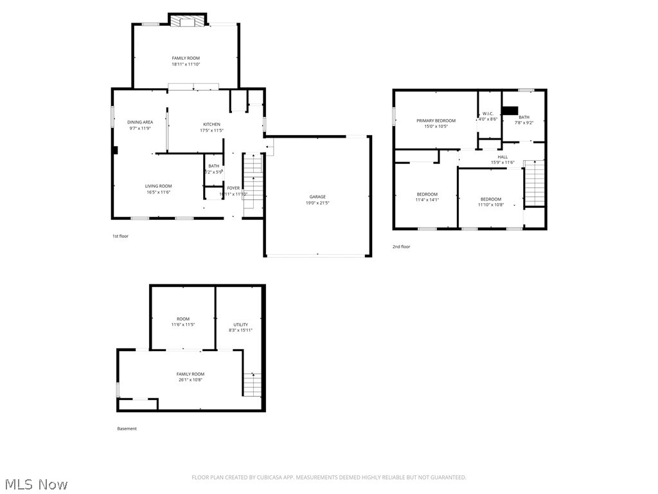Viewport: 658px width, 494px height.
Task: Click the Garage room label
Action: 317,197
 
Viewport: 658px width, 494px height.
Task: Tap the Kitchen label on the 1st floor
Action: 211,124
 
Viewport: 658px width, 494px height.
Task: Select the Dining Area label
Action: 139,122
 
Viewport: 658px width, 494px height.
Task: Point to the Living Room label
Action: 158,186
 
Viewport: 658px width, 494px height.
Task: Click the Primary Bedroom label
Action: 436,121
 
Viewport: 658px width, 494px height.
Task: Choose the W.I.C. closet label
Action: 488,114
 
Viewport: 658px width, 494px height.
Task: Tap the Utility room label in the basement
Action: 240,324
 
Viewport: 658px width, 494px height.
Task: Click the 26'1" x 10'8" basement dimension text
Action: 190,380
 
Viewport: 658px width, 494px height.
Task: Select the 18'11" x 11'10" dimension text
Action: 186,64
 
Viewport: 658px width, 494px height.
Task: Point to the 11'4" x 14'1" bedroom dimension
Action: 427,200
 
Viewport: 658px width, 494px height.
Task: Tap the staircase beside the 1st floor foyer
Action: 253,180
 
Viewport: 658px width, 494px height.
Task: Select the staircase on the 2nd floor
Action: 535,183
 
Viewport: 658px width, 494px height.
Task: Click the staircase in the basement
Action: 253,384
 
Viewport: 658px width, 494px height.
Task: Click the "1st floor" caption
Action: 120,236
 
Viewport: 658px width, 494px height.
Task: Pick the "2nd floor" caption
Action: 401,246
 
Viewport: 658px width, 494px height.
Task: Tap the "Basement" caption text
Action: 127,428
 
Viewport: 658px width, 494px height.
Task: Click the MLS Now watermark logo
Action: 35,484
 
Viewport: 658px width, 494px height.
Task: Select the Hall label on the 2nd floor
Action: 502,157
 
